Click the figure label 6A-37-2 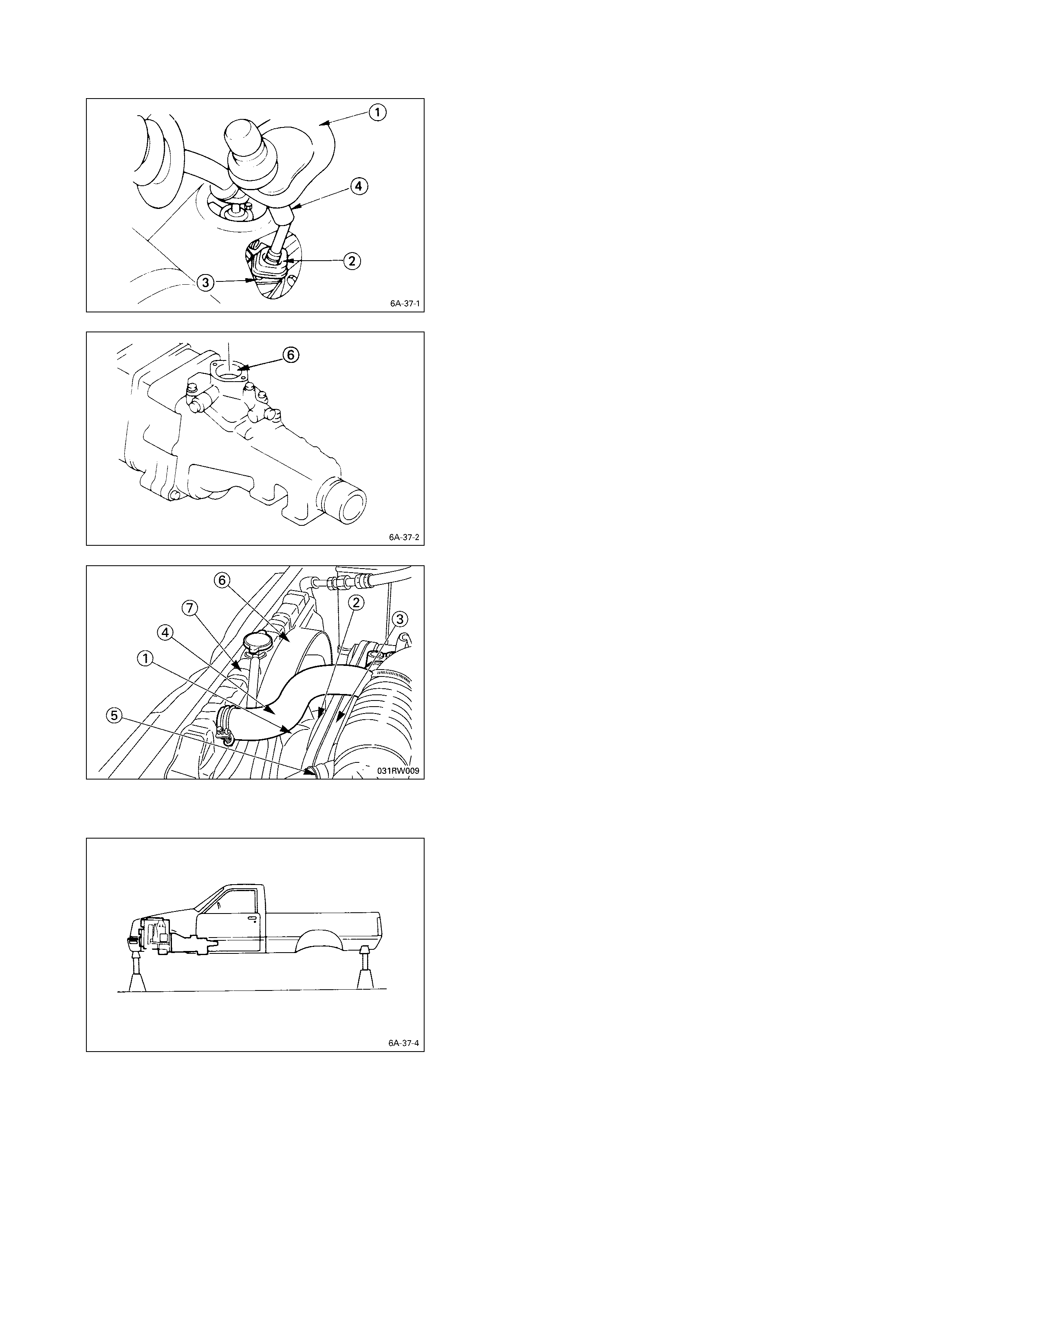click(x=404, y=537)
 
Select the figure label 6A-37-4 click(x=404, y=1043)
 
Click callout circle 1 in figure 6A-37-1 click(x=377, y=113)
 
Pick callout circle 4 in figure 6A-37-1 click(x=359, y=186)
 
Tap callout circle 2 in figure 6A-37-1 click(x=352, y=261)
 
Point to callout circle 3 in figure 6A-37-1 click(x=206, y=283)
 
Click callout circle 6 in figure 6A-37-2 click(x=291, y=355)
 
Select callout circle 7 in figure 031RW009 click(x=189, y=608)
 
